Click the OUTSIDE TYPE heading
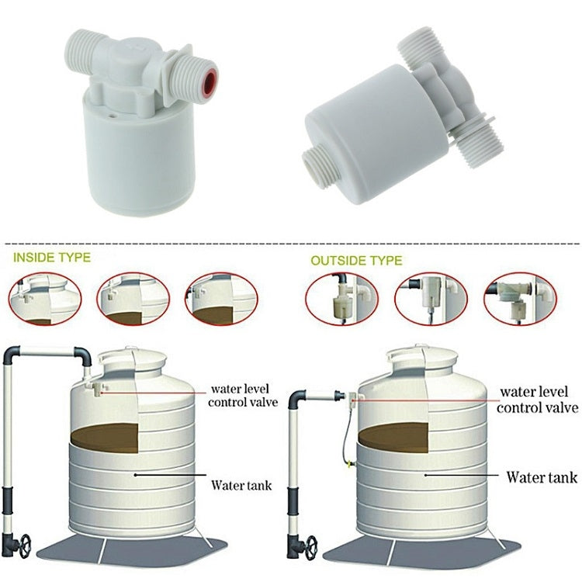(356, 261)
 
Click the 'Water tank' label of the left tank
(241, 486)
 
